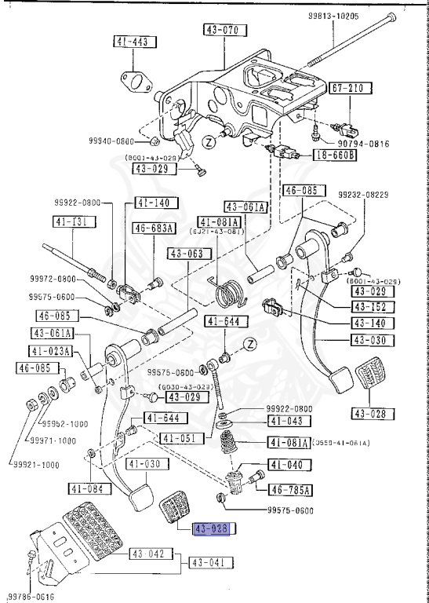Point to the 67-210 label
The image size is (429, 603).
(x=346, y=88)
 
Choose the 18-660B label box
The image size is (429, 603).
(x=336, y=155)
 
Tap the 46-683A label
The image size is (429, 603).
(x=154, y=228)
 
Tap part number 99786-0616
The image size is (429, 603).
(x=30, y=595)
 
